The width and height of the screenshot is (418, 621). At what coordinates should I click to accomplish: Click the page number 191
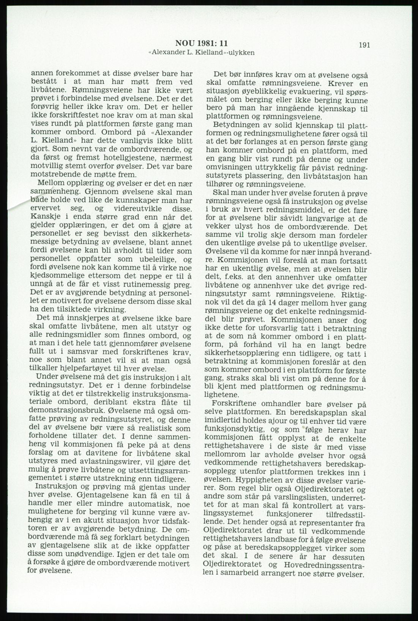point(363,45)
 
